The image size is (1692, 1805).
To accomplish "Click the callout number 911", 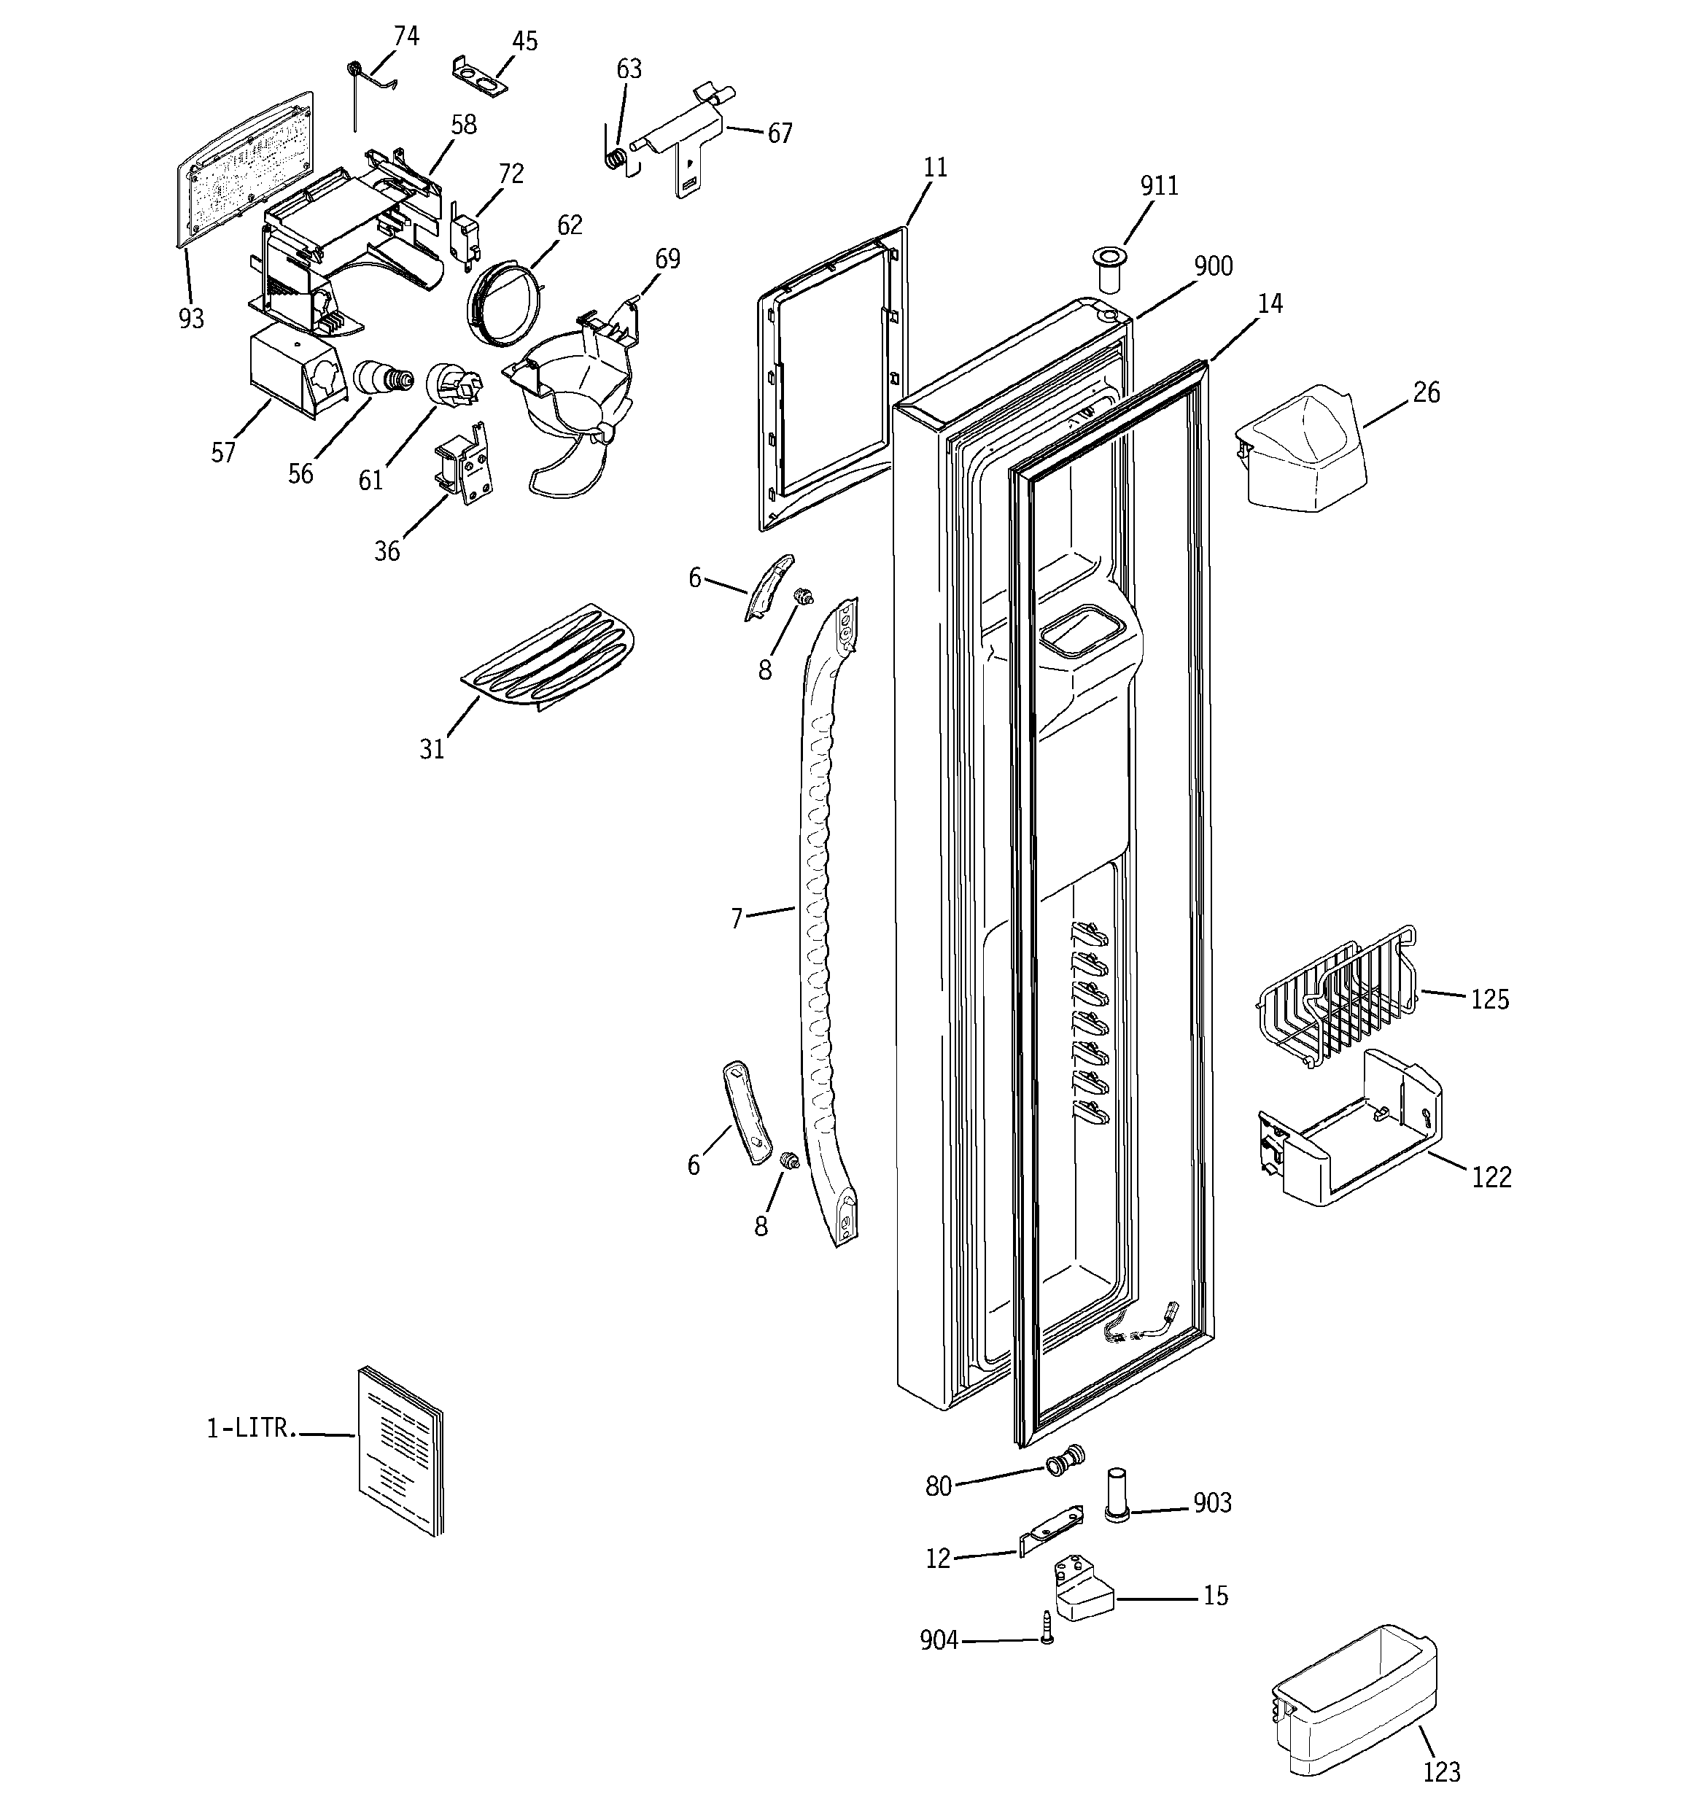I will tap(1159, 186).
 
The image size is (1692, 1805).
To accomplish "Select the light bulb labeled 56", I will tap(381, 377).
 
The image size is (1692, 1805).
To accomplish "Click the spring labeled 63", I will tap(615, 157).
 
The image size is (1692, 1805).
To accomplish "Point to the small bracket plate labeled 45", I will tap(478, 74).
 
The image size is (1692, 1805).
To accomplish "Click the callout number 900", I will tap(1212, 267).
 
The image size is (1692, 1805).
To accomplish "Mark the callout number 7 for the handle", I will tap(737, 918).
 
